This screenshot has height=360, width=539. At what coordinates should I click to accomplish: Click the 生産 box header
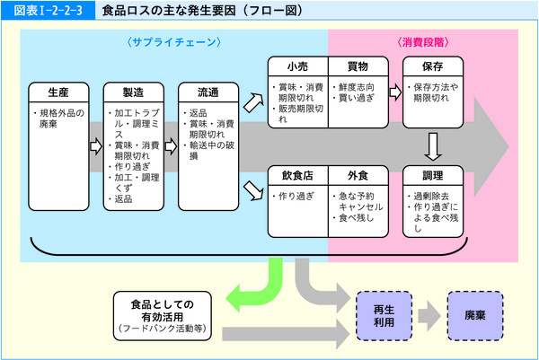point(57,92)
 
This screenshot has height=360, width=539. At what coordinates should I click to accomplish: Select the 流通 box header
point(208,92)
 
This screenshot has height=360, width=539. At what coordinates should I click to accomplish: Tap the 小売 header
point(298,66)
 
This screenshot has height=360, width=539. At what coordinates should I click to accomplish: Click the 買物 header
point(357,66)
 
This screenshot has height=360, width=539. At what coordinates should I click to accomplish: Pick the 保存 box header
point(434,66)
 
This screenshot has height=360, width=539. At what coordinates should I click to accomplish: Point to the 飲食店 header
point(298,175)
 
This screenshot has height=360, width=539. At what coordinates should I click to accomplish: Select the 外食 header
point(357,175)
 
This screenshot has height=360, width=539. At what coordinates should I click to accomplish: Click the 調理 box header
point(434,175)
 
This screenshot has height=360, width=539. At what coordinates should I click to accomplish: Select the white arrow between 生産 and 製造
point(95,145)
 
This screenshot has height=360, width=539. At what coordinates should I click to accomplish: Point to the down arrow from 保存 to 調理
point(434,144)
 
